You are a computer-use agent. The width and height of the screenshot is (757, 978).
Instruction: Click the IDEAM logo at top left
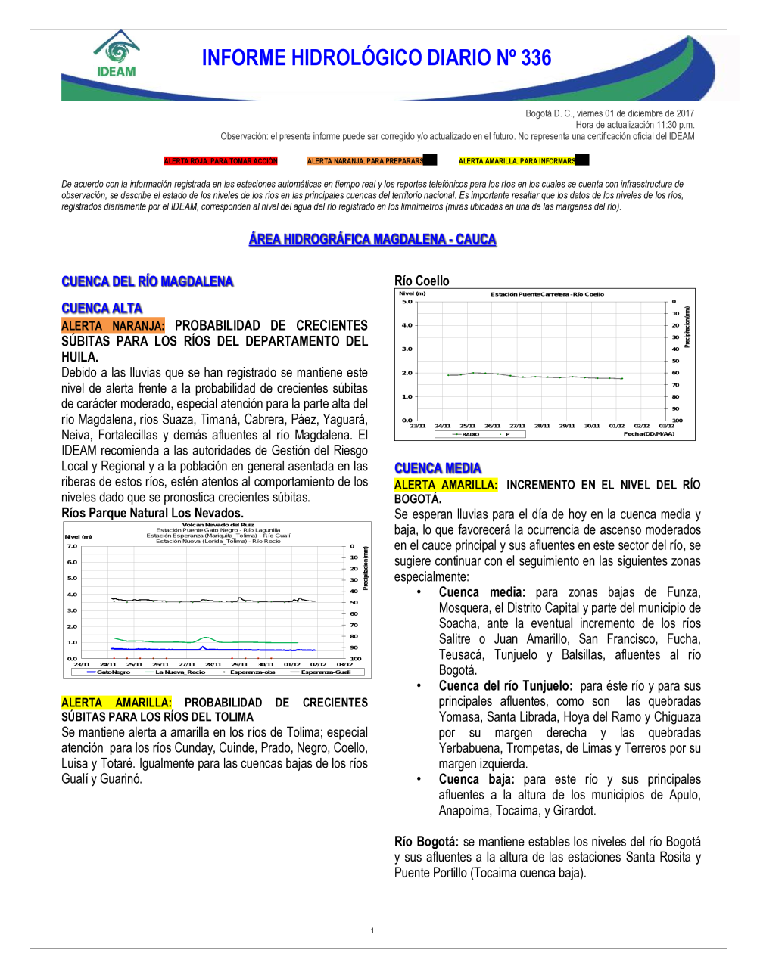tap(117, 54)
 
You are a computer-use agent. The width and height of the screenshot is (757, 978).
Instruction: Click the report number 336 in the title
tap(536, 58)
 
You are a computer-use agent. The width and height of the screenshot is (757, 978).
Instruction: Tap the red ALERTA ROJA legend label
tap(220, 161)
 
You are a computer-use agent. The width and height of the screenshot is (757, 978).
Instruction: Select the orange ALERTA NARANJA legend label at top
tap(365, 161)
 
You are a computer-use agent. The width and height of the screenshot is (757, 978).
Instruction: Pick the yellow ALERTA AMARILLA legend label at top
tap(517, 161)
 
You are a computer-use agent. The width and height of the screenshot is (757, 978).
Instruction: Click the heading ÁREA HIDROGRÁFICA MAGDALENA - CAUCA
tap(372, 239)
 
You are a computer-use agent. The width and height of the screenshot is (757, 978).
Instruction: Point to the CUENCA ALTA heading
tap(101, 308)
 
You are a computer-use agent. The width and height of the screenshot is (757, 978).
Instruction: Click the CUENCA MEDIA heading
tap(438, 468)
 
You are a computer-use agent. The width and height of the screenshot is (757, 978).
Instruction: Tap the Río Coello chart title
tap(422, 281)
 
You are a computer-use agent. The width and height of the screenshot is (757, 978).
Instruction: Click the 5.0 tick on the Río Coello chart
tap(407, 302)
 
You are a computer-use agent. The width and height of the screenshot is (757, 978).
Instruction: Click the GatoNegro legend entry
tap(113, 672)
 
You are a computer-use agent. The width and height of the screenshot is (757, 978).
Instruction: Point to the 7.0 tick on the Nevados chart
tap(72, 545)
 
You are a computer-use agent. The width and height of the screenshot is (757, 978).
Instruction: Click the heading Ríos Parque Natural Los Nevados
tap(152, 513)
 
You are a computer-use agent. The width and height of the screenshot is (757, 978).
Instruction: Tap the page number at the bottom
tap(372, 930)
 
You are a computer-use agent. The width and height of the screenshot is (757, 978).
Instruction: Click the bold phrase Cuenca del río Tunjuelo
tap(505, 686)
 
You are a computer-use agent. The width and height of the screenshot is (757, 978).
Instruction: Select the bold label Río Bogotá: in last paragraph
tap(426, 841)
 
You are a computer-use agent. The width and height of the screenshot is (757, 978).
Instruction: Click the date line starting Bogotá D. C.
tap(609, 113)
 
